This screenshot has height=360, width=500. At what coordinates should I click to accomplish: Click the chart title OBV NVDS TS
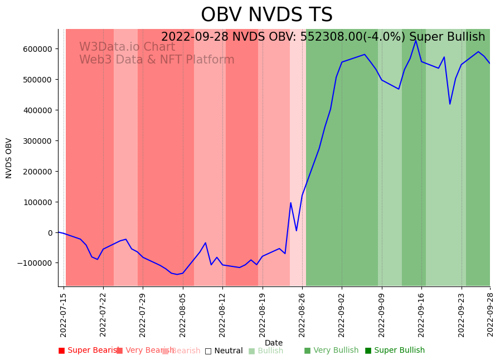[x=266, y=15]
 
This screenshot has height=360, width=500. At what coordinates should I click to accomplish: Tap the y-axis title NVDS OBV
[x=9, y=158]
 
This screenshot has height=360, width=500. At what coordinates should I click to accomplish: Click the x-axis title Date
[x=273, y=343]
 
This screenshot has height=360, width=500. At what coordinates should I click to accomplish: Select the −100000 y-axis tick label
[x=34, y=263]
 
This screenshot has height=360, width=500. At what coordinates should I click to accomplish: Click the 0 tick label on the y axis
[x=49, y=232]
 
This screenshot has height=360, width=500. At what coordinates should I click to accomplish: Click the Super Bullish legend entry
[x=395, y=351]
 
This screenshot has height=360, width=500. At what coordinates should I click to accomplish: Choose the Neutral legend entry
[x=224, y=351]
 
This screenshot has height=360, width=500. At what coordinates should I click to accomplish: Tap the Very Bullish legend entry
[x=331, y=351]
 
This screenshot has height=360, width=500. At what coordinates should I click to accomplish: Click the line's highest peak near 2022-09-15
[x=415, y=40]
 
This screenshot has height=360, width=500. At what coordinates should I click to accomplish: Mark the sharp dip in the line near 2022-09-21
[x=450, y=104]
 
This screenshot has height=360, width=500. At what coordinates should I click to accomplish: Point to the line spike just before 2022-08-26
[x=290, y=203]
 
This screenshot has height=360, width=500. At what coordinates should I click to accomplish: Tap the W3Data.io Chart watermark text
[x=127, y=47]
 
